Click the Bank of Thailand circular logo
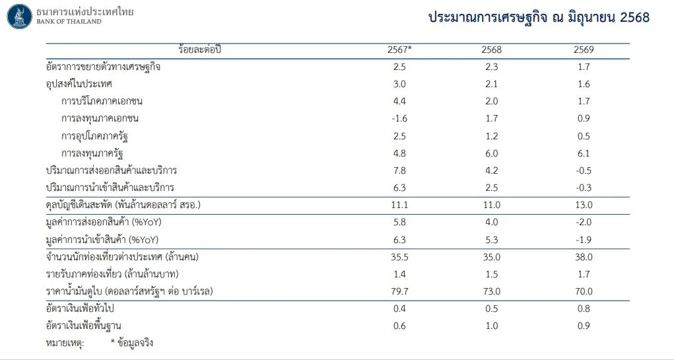pyautogui.click(x=19, y=16)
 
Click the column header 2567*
pyautogui.click(x=399, y=50)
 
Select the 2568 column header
pyautogui.click(x=491, y=50)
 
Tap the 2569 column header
pyautogui.click(x=583, y=50)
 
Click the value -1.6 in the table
pyautogui.click(x=399, y=119)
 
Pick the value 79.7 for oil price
pyautogui.click(x=399, y=291)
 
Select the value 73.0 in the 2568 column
pyautogui.click(x=491, y=291)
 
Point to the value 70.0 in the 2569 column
pyautogui.click(x=583, y=291)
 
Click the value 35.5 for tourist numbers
pyautogui.click(x=399, y=256)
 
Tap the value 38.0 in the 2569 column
pyautogui.click(x=583, y=256)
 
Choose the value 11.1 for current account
pyautogui.click(x=399, y=205)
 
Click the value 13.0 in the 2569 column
pyautogui.click(x=583, y=205)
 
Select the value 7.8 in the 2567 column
pyautogui.click(x=399, y=170)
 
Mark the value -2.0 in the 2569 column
pyautogui.click(x=583, y=222)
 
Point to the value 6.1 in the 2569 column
pyautogui.click(x=583, y=153)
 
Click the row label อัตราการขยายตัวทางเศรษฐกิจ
pyautogui.click(x=103, y=67)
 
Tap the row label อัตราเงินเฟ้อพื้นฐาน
pyautogui.click(x=83, y=325)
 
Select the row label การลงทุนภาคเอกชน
pyautogui.click(x=100, y=119)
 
